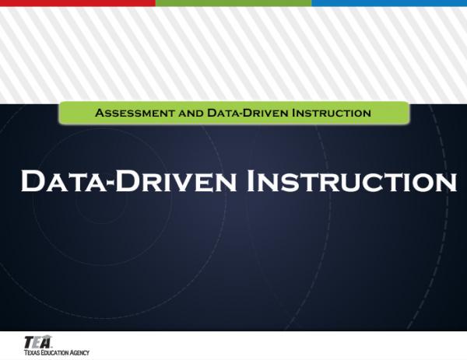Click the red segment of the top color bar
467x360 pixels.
tap(78, 3)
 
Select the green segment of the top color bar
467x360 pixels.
tap(233, 3)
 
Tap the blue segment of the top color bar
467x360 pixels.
tap(389, 3)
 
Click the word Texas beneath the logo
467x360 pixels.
tap(32, 353)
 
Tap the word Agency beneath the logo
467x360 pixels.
tap(80, 353)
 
